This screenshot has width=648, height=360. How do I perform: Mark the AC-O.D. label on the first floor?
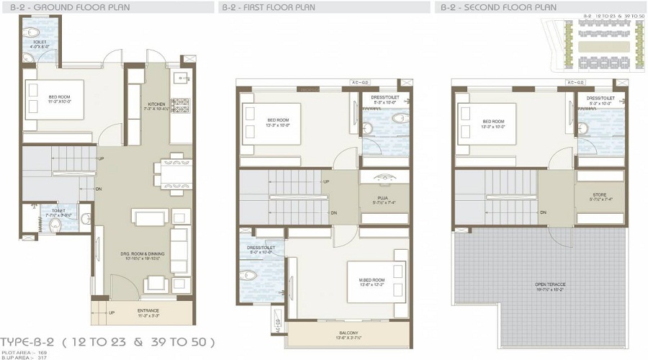click(358, 83)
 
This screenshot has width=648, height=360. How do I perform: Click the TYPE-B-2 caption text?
click(108, 341)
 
